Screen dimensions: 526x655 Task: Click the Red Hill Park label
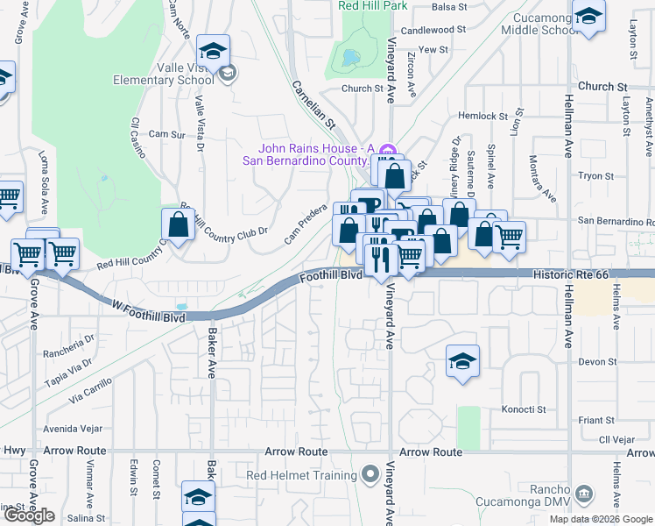point(373,6)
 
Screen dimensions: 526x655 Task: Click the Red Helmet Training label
point(301,476)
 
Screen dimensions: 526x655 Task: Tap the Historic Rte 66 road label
point(570,275)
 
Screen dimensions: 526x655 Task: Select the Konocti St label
point(524,409)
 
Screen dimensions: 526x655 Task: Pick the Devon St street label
point(598,361)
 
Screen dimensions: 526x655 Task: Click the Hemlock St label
point(483,116)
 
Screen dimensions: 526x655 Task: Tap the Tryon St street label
point(595,176)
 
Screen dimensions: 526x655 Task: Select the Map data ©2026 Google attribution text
point(601,519)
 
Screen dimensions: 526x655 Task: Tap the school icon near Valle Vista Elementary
point(213,50)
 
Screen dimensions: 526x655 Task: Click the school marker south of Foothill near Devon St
point(462,360)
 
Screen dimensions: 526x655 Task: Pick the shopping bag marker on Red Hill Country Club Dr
point(179,224)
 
